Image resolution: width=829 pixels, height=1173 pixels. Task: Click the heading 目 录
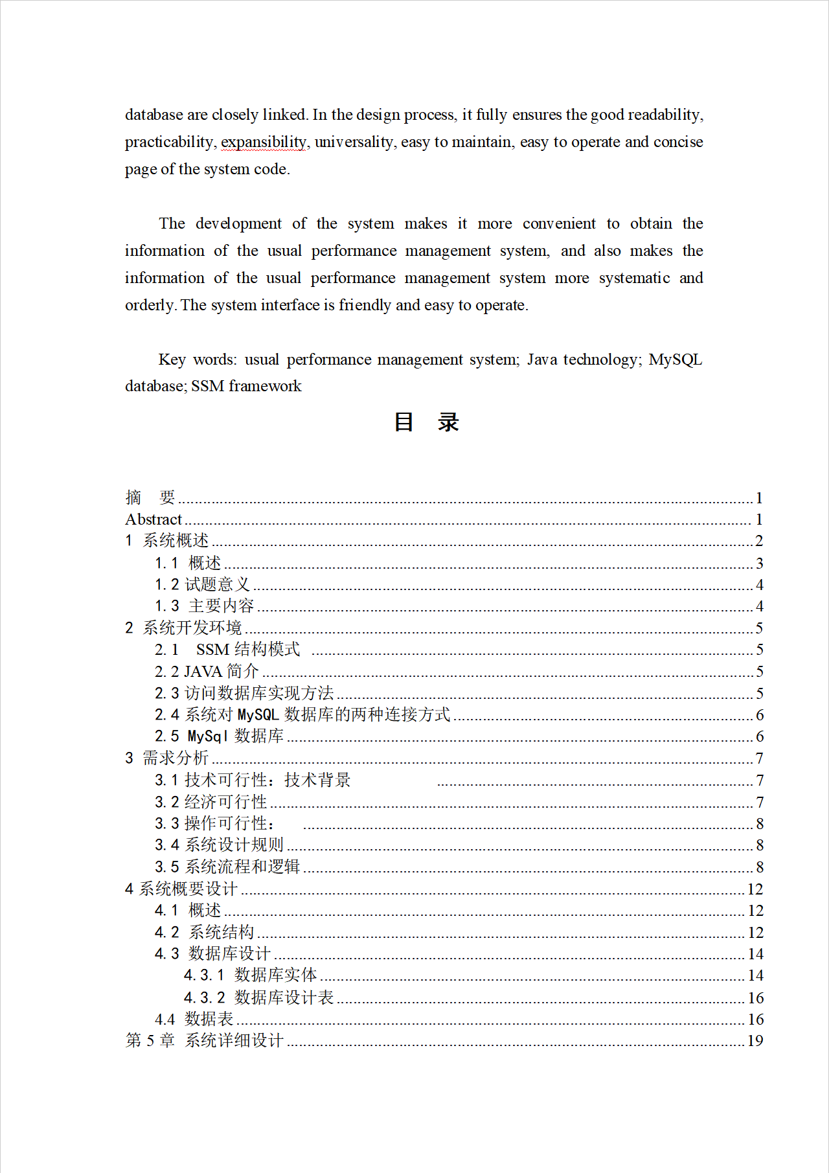click(x=426, y=422)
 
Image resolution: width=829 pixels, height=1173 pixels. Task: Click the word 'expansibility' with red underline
click(x=264, y=142)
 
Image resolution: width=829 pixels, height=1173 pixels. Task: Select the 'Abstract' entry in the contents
click(x=153, y=519)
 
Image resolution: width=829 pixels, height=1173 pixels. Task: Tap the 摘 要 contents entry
click(x=150, y=497)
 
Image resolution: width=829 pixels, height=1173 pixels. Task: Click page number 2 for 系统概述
click(x=759, y=541)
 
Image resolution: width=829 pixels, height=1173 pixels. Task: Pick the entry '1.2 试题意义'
click(x=202, y=585)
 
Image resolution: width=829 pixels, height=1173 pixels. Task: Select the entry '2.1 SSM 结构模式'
click(x=227, y=650)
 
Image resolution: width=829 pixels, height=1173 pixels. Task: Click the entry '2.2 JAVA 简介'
click(x=207, y=672)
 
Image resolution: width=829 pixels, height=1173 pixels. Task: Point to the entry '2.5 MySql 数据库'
click(x=219, y=736)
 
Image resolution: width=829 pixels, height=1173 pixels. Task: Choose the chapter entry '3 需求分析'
click(x=167, y=758)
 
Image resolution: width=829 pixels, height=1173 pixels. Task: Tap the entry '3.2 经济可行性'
click(x=210, y=802)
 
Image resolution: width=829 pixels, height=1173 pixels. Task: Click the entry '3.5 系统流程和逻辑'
click(x=227, y=867)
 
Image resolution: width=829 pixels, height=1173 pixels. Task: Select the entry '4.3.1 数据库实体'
click(x=250, y=975)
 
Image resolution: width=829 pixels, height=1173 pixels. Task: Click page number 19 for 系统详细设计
click(x=755, y=1041)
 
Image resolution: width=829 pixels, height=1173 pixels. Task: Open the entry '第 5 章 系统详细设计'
click(x=204, y=1041)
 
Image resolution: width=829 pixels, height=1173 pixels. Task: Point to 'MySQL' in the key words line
click(x=675, y=359)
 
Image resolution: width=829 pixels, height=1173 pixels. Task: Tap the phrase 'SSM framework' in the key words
click(x=246, y=386)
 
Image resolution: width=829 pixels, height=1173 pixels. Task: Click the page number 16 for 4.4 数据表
click(x=755, y=1019)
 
